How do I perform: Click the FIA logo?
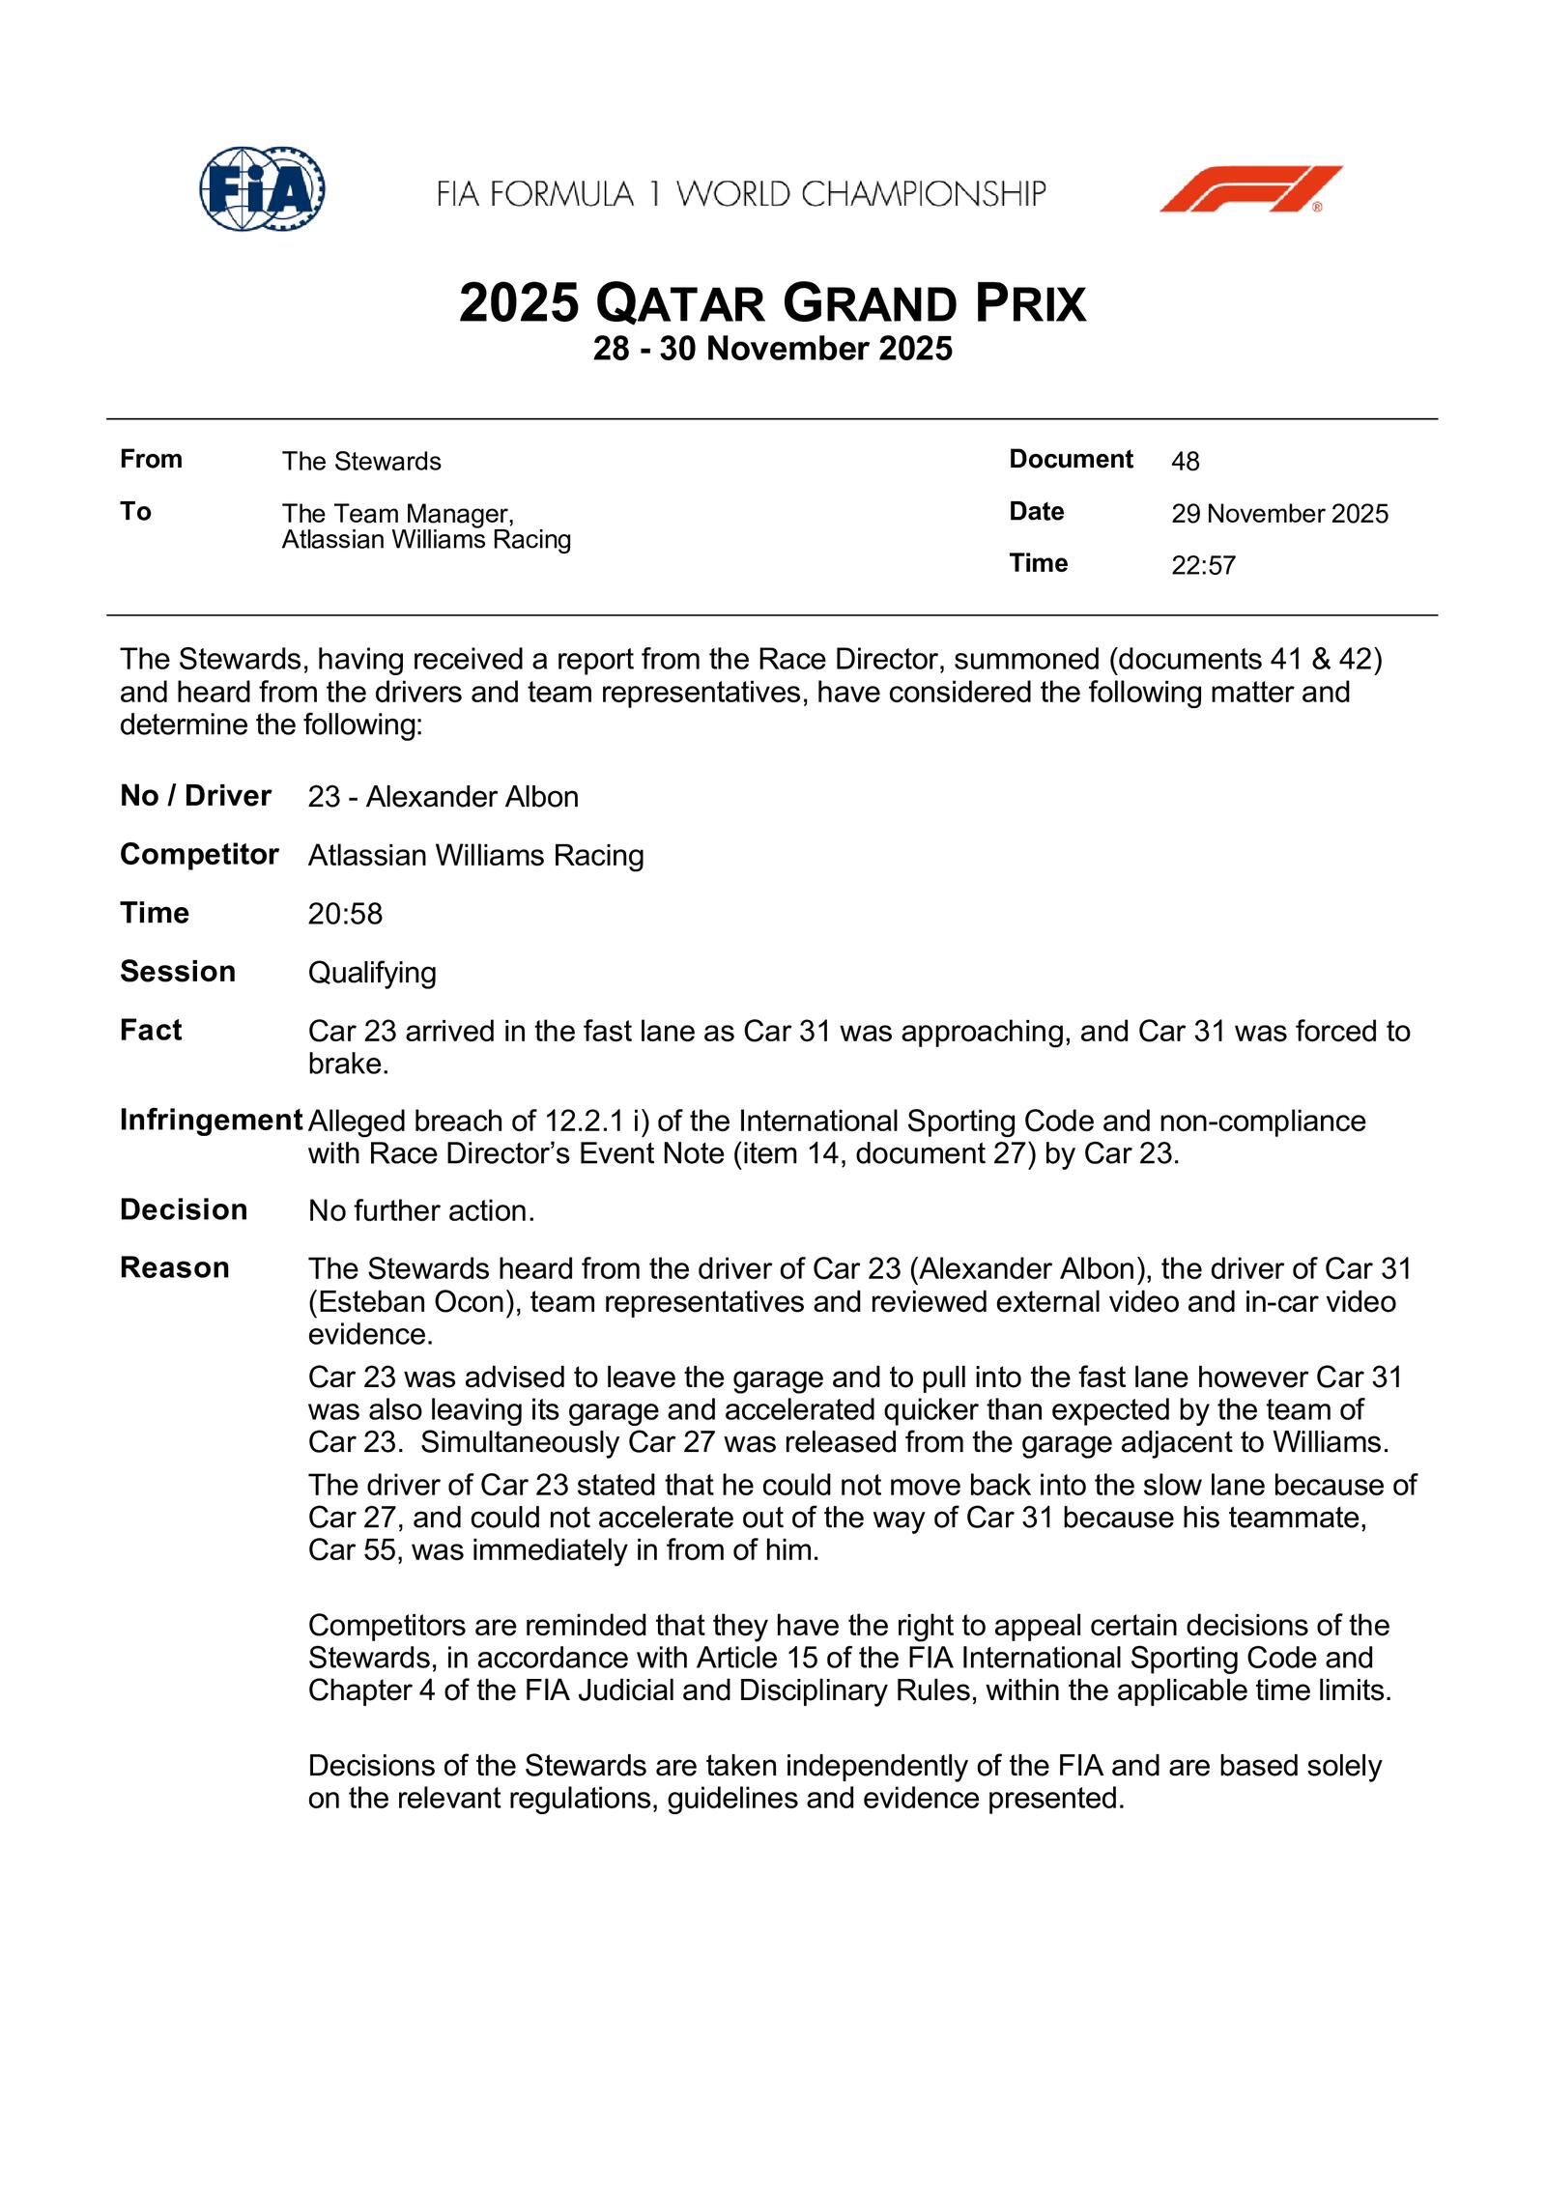point(262,188)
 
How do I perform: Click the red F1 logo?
point(1250,188)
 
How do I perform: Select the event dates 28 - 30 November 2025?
point(772,349)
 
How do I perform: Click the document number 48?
point(1185,462)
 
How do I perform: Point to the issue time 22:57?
point(1203,565)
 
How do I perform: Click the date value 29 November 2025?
point(1279,514)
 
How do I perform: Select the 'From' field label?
point(151,459)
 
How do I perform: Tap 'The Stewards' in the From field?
point(361,462)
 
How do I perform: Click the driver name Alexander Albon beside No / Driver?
point(472,797)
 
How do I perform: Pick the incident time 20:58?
point(345,914)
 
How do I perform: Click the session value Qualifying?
point(372,973)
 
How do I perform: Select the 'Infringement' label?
point(211,1120)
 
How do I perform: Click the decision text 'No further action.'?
point(421,1210)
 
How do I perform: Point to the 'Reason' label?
point(174,1267)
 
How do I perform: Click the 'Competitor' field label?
point(199,854)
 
